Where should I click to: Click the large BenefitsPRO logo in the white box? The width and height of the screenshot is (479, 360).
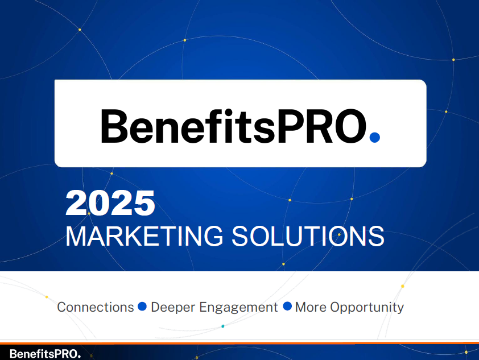coord(241,126)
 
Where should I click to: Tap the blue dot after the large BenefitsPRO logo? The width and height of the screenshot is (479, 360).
coord(375,138)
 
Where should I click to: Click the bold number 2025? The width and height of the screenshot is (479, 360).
coord(110,202)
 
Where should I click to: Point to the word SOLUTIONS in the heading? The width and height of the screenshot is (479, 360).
coord(308,236)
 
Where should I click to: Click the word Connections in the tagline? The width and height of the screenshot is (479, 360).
coord(96,307)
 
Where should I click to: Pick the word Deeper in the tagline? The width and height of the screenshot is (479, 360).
coord(173,308)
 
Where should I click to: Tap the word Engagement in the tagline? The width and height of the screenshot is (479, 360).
coord(238,308)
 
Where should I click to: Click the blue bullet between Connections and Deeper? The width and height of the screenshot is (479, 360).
coord(142,307)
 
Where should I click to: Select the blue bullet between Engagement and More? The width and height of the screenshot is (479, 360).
coord(287,307)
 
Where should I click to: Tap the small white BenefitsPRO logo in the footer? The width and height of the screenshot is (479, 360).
coord(45,354)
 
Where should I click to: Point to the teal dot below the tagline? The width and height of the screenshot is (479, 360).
coord(222,326)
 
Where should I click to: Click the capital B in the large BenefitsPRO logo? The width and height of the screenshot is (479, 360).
coord(114,126)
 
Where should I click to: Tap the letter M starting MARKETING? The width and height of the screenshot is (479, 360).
coord(77,236)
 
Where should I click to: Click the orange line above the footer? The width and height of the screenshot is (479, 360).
coord(239,343)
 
